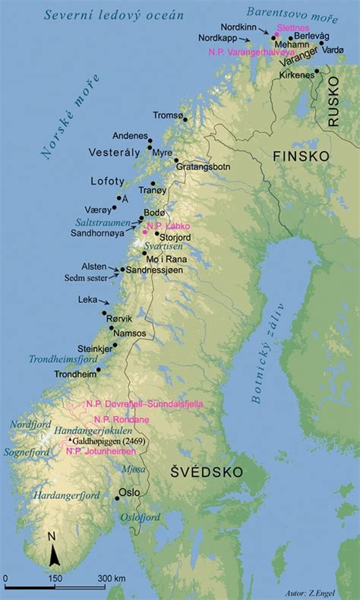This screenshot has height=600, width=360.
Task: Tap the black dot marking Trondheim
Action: click(x=99, y=371)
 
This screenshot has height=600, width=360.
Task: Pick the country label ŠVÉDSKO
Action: click(x=207, y=472)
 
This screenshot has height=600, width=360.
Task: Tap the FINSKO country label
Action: click(x=301, y=155)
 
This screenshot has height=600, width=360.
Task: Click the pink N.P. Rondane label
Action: click(x=122, y=419)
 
